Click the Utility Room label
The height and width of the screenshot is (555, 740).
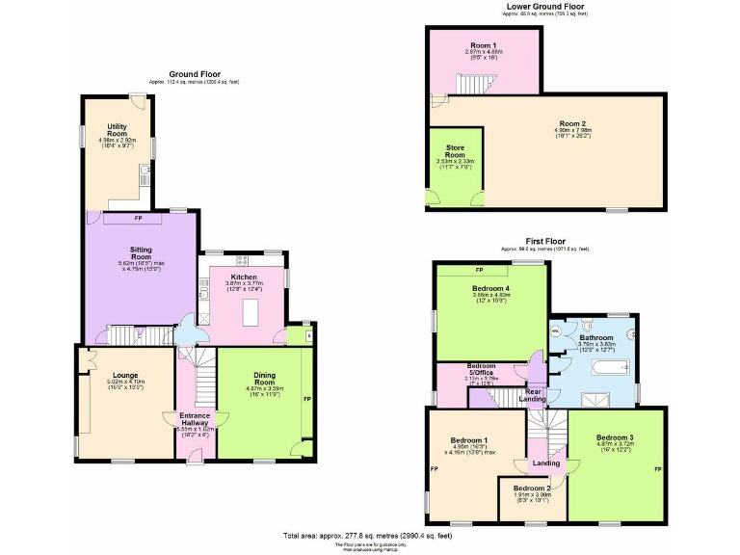pyautogui.click(x=118, y=130)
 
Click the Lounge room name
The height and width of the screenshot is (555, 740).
pyautogui.click(x=125, y=375)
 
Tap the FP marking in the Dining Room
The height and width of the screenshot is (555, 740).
pyautogui.click(x=307, y=398)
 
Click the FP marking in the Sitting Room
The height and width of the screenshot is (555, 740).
pyautogui.click(x=138, y=218)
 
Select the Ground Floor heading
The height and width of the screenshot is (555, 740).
pyautogui.click(x=195, y=74)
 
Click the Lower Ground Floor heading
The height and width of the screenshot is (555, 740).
pyautogui.click(x=545, y=7)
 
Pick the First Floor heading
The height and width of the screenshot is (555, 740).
pyautogui.click(x=546, y=242)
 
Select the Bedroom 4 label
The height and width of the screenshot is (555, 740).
pyautogui.click(x=490, y=288)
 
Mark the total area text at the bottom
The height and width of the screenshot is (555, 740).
pyautogui.click(x=367, y=535)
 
